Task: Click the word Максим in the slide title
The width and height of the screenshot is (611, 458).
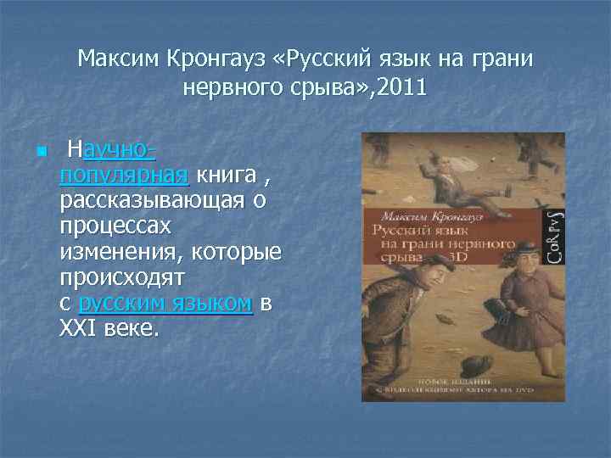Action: pos(110,59)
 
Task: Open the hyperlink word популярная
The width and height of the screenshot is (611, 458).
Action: pos(124,176)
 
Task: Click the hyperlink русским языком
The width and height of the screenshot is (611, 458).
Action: pos(165,304)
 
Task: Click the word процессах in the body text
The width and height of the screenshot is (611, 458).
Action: pos(115,226)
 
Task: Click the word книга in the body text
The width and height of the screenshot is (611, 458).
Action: pos(224,176)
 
